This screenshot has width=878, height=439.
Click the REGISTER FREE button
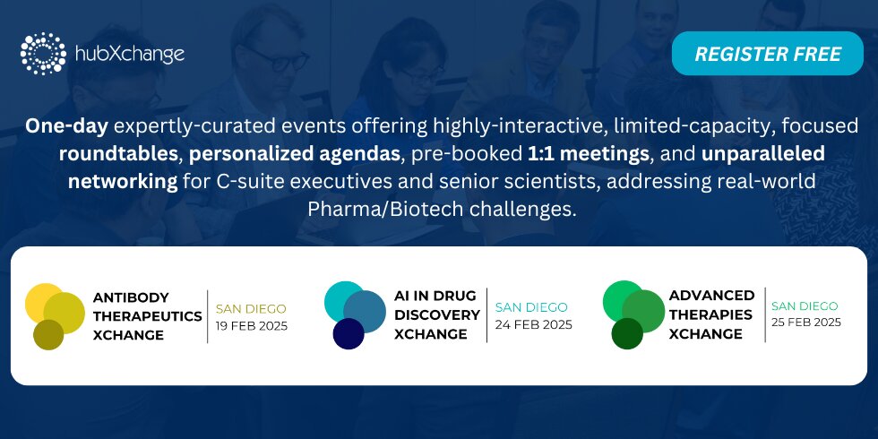click(x=767, y=54)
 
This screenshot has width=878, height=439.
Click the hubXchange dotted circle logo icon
click(x=43, y=54)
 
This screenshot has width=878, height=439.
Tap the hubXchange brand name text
click(x=129, y=55)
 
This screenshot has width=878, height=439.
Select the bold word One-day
click(x=66, y=126)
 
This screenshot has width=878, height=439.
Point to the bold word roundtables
click(x=118, y=154)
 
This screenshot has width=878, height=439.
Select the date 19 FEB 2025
click(x=252, y=326)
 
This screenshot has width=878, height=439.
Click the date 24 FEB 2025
click(x=534, y=324)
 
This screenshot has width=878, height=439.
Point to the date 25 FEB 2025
click(x=806, y=323)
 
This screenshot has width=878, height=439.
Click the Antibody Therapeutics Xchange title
click(x=147, y=315)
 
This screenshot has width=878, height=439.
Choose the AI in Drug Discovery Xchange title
click(x=437, y=314)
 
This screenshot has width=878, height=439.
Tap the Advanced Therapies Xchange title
click(x=711, y=314)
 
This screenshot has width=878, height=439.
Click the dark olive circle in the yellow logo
click(x=48, y=334)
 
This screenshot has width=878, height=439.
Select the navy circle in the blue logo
click(x=349, y=333)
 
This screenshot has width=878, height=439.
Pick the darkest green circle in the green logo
click(x=627, y=333)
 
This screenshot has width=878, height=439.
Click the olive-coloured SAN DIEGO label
click(x=251, y=308)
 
